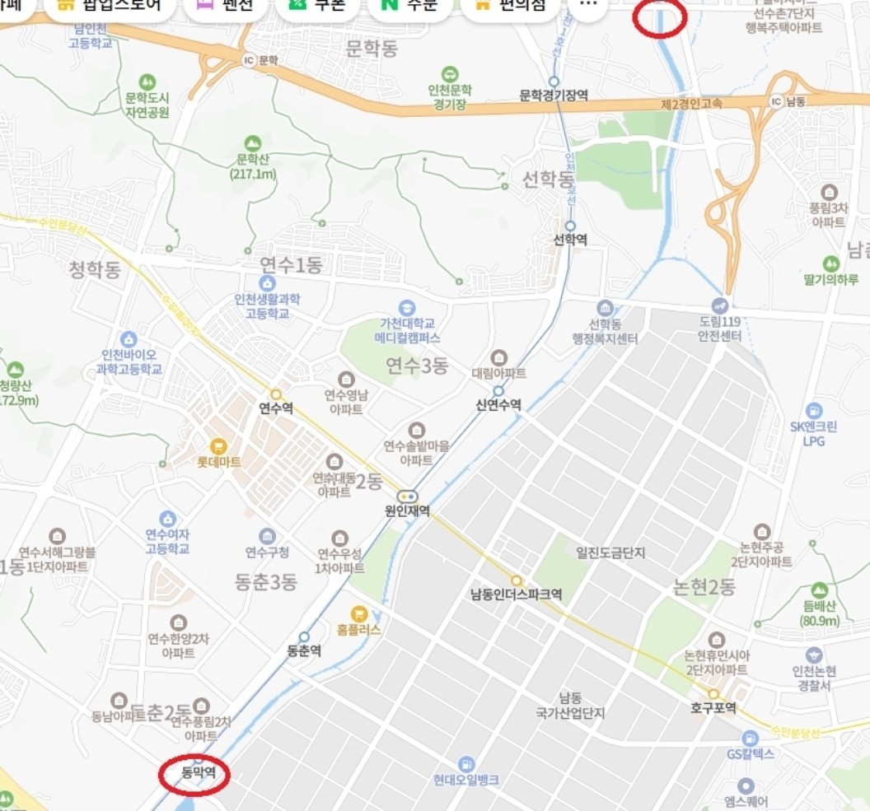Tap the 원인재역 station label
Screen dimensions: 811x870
point(407,510)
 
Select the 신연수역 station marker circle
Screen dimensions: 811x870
point(498,390)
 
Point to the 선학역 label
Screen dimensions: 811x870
point(570,240)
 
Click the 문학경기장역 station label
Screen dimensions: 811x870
point(554,96)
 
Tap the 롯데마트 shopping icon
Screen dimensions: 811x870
point(217,446)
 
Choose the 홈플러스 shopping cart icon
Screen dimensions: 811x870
point(358,613)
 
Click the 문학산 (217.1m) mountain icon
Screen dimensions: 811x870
point(253,143)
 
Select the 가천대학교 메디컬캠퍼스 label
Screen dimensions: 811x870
point(407,331)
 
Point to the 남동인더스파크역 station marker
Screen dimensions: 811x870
point(517,580)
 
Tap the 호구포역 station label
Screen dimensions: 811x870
point(713,708)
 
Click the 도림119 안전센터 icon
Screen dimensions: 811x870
point(720,305)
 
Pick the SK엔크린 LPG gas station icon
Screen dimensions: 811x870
point(813,410)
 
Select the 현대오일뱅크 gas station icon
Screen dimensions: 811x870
point(466,764)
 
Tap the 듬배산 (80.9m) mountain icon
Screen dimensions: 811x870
point(819,590)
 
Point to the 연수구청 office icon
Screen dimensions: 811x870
point(267,536)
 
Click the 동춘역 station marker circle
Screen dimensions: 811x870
point(304,636)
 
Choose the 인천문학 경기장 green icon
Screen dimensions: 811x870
point(449,74)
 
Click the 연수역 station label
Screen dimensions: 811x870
point(276,408)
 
